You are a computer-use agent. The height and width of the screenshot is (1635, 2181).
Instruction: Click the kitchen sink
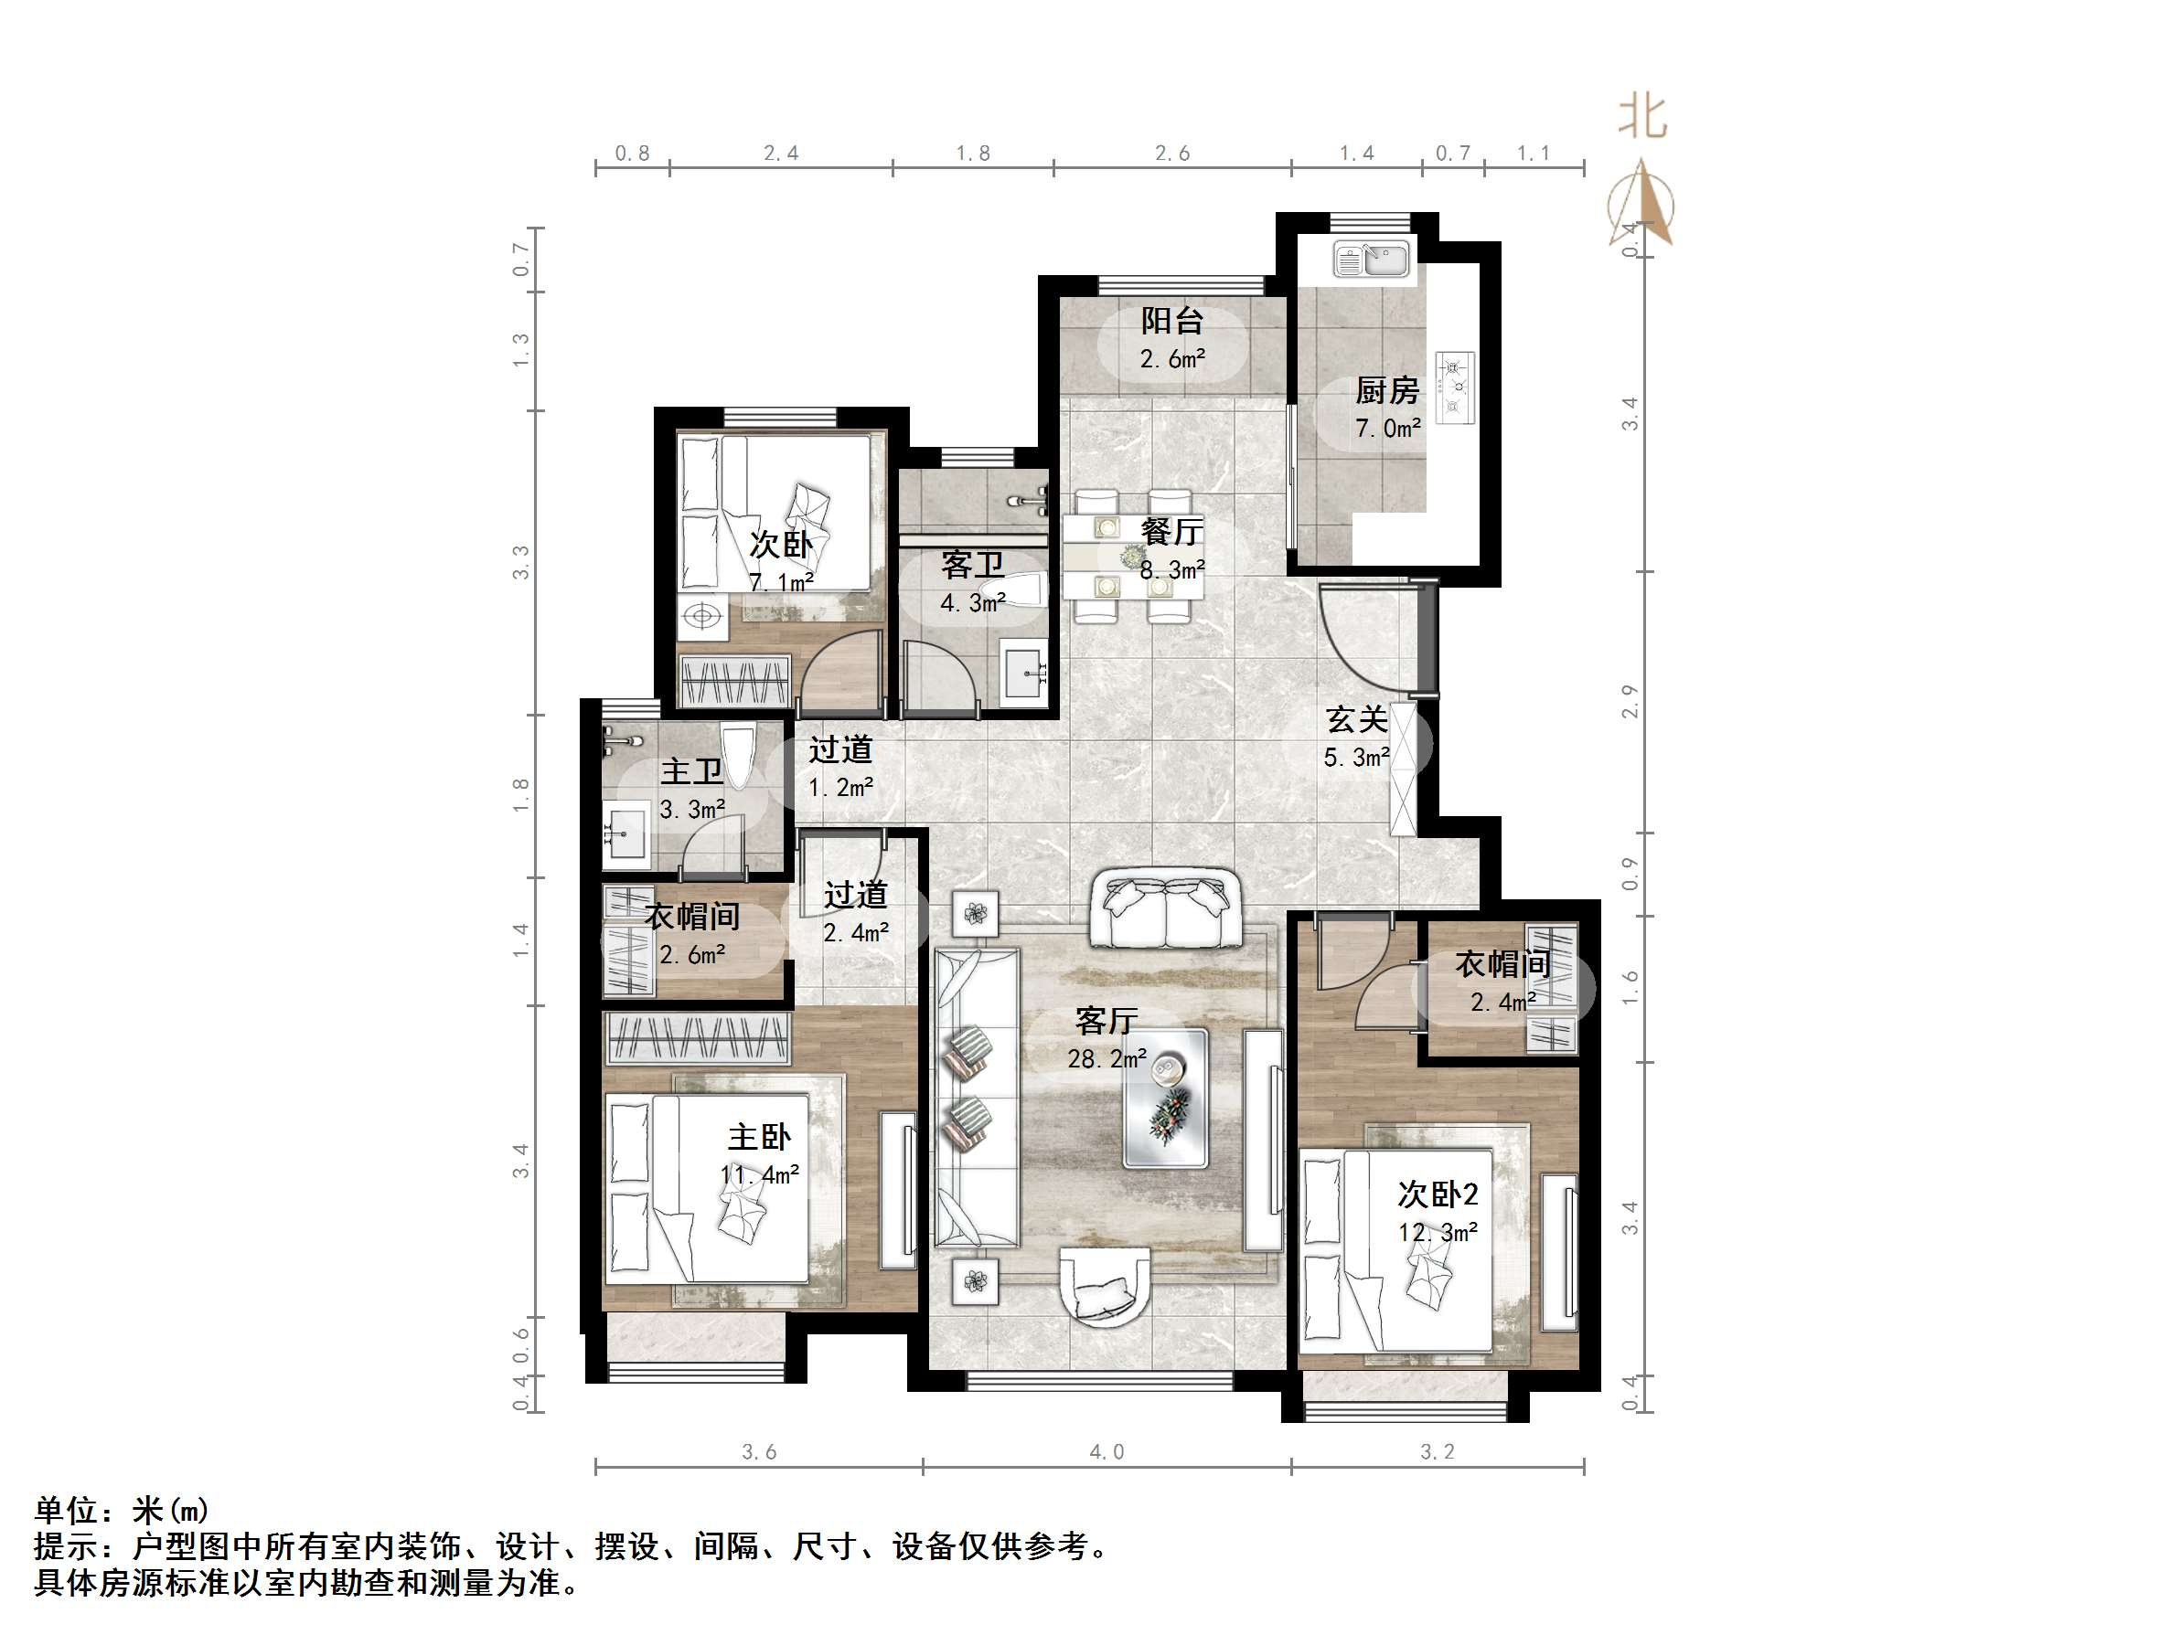tap(1373, 261)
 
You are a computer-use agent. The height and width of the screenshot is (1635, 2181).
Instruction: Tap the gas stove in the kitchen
tap(1454, 388)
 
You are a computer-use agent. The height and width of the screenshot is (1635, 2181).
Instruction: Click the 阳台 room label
tap(1171, 320)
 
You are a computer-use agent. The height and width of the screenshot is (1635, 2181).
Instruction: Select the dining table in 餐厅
tap(1132, 556)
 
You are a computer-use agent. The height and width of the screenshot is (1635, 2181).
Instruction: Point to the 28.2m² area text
tap(1107, 1059)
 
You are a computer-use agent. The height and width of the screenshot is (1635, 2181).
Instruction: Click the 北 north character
tap(1641, 117)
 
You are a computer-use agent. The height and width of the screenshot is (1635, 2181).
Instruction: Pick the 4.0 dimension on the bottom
tap(1106, 1451)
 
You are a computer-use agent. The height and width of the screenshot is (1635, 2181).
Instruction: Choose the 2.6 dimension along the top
tap(1171, 154)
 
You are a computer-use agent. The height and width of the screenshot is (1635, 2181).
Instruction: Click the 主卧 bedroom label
tap(759, 1137)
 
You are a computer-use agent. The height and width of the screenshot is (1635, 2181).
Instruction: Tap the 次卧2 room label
tap(1438, 1194)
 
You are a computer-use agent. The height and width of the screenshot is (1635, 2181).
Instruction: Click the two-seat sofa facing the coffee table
tap(1165, 909)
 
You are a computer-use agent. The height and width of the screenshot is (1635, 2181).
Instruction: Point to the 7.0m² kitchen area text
tap(1387, 429)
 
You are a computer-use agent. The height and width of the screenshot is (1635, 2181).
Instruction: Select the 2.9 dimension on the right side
tap(1629, 702)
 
